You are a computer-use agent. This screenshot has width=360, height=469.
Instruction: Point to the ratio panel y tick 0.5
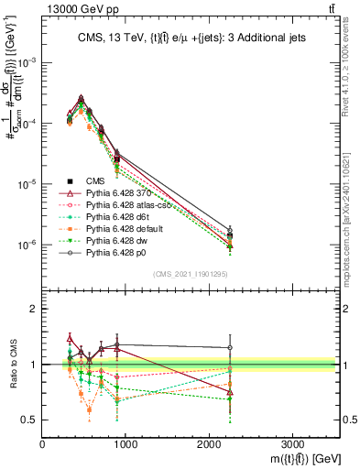[30, 420]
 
